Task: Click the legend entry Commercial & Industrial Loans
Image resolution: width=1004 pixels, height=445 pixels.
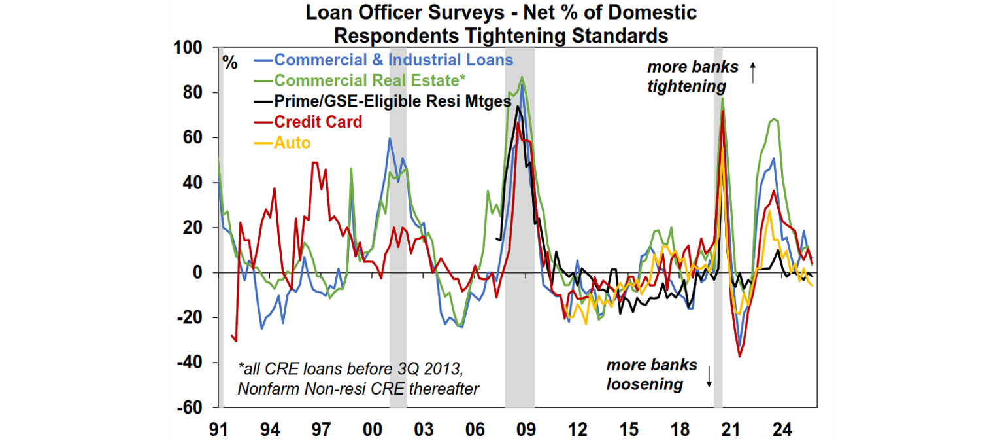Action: (393, 60)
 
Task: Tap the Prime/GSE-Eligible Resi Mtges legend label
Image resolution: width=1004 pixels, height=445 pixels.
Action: (392, 101)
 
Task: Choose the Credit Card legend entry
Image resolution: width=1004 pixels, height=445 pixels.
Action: (318, 122)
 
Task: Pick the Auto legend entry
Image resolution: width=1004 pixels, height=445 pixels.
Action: (292, 142)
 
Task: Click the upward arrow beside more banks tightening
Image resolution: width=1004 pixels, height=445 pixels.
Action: (752, 72)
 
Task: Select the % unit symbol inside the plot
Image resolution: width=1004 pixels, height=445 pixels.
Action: (230, 63)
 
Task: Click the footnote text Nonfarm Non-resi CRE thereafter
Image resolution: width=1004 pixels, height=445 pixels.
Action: (358, 388)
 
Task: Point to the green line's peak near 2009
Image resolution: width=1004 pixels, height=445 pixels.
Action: (522, 77)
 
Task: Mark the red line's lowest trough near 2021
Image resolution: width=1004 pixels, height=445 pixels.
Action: (740, 357)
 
